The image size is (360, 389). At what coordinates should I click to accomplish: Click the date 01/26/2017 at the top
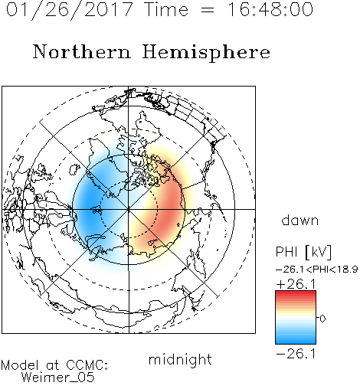69,9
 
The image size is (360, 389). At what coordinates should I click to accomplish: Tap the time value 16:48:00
270,9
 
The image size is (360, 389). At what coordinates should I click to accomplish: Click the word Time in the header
166,9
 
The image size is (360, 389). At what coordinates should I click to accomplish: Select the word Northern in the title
81,51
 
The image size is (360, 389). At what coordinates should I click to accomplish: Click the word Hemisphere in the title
206,53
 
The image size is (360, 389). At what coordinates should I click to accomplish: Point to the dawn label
300,220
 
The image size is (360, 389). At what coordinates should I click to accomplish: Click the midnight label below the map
180,359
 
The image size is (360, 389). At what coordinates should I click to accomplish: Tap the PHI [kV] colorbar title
303,252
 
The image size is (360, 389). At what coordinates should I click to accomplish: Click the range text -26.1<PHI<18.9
316,270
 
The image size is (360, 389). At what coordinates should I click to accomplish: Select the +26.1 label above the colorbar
296,284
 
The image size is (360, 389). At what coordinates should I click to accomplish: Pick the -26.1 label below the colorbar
296,354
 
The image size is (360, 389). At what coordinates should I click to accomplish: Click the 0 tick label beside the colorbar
322,319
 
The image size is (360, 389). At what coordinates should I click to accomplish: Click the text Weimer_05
57,378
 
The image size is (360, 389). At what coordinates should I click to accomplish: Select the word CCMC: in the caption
87,365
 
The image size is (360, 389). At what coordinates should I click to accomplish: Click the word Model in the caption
20,365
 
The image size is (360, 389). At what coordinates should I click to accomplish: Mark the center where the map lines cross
129,209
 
